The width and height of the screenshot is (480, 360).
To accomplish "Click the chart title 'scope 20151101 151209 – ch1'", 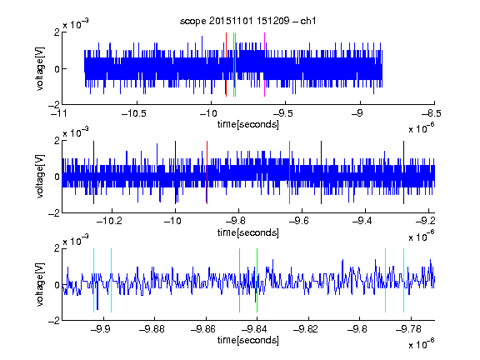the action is (x=248, y=21).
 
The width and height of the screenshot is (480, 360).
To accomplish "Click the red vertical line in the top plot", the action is (x=226, y=65).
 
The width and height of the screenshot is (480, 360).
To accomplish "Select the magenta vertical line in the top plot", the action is (x=264, y=65).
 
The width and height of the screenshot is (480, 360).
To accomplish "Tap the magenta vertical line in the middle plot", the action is (x=290, y=172).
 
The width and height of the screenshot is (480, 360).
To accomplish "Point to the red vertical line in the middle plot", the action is (x=207, y=172).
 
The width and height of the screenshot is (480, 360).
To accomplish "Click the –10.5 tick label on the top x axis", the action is (x=134, y=113).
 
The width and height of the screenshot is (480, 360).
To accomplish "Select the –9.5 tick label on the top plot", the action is (x=282, y=113).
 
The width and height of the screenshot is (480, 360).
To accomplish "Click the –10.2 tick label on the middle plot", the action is (x=109, y=220).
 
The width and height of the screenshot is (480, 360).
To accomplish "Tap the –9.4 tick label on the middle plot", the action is (x=362, y=220).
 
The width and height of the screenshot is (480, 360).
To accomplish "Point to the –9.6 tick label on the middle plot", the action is (x=299, y=220).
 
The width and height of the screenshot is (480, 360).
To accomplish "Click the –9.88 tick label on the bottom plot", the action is (x=152, y=329).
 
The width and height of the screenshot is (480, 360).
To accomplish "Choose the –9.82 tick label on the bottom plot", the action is (x=306, y=329).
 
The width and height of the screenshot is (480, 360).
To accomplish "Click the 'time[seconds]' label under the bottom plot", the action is (x=248, y=340).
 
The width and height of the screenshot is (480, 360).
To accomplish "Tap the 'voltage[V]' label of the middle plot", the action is (x=40, y=177).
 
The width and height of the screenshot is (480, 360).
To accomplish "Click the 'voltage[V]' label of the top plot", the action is (x=40, y=68).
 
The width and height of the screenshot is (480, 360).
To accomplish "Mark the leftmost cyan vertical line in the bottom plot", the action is (x=93, y=280).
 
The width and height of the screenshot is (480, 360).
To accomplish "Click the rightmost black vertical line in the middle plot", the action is (x=404, y=172).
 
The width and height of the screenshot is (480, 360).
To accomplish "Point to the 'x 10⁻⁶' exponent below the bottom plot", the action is (x=422, y=344).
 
